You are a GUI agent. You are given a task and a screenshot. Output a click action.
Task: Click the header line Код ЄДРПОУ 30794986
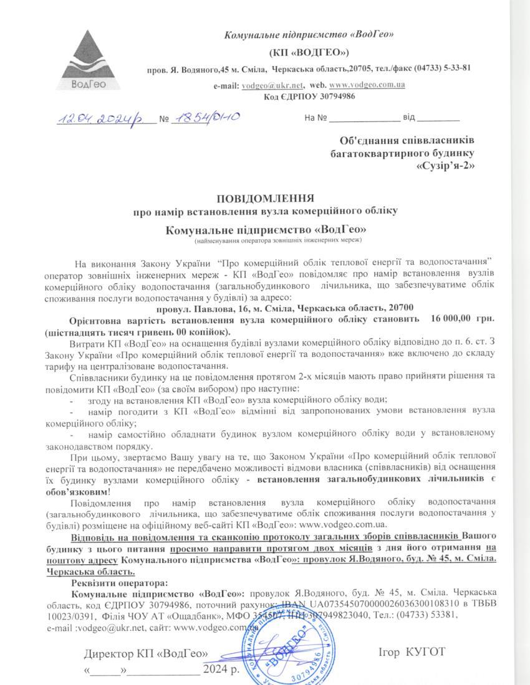point(309,96)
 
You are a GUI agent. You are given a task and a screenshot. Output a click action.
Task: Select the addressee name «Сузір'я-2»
point(444,166)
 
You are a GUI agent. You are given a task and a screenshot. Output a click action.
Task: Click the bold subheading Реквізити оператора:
point(119,583)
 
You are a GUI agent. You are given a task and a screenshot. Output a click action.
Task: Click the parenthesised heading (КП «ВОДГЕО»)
point(309,50)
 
